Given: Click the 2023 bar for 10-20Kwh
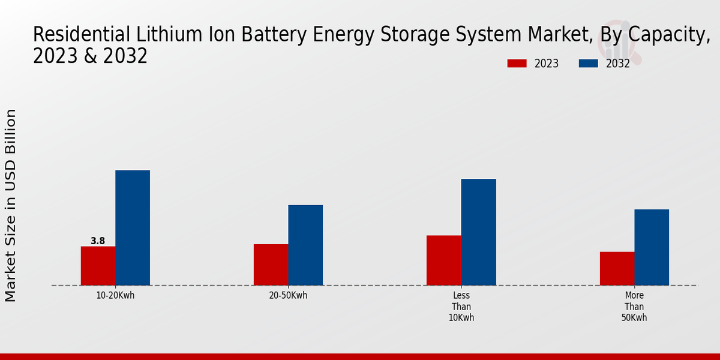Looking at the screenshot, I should (x=98, y=266).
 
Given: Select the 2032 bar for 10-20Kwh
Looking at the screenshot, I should (x=133, y=228).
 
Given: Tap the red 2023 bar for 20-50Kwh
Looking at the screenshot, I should (x=271, y=265).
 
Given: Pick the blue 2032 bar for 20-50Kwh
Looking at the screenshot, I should (x=305, y=245).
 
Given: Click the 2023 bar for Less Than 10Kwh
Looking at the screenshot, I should (x=444, y=260).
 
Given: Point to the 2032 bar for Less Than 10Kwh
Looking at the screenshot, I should (x=479, y=232).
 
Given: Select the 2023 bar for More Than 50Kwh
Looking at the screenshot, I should (x=617, y=268).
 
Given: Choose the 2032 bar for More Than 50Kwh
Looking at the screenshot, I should (x=652, y=247).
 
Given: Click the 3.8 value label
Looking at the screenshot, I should (x=98, y=241).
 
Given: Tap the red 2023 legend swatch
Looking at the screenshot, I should (x=517, y=64).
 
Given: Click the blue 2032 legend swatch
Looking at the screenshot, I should (x=589, y=64).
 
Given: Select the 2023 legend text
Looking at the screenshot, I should (x=547, y=64).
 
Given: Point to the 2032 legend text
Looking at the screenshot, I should (x=618, y=64).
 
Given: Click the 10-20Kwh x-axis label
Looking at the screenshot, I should (x=115, y=295).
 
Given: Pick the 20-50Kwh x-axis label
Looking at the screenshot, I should (x=288, y=295).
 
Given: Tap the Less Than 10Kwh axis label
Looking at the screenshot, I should (x=461, y=307).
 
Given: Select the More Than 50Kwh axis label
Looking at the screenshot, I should (x=634, y=307).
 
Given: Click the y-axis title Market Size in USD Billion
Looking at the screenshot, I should (x=11, y=205).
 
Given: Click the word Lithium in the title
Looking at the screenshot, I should (x=163, y=35).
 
